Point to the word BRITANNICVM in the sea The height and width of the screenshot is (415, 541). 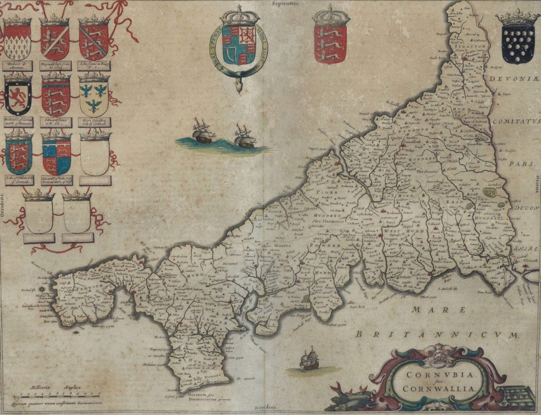tap(438, 335)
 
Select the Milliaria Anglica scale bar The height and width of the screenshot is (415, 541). tap(57, 395)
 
